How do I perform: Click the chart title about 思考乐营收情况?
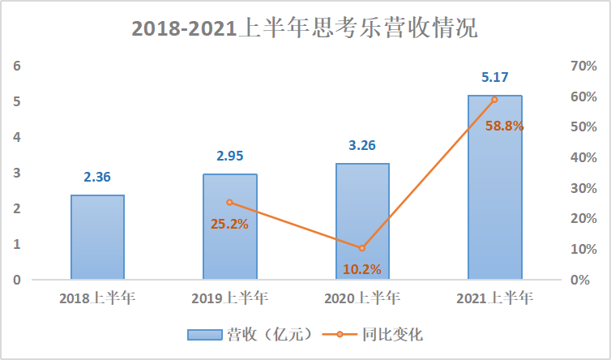click(x=305, y=30)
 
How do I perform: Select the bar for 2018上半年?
click(x=97, y=237)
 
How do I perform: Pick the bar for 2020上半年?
click(x=361, y=221)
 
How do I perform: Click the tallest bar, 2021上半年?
click(x=494, y=187)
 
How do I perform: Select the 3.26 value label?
click(x=361, y=147)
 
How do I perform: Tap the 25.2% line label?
click(x=229, y=224)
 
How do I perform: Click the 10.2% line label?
click(x=361, y=269)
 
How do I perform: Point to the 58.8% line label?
click(x=504, y=126)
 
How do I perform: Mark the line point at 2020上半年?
click(x=361, y=248)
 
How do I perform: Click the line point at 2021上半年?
click(x=494, y=100)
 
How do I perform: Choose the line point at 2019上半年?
click(x=229, y=202)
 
